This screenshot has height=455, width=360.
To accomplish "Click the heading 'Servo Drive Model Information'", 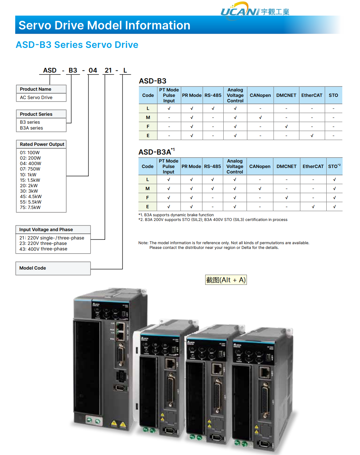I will [104, 25].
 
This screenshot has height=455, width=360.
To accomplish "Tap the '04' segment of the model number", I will [93, 70].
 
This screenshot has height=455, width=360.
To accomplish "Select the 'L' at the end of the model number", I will [125, 70].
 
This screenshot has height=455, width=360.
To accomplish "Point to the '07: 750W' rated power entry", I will [30, 169].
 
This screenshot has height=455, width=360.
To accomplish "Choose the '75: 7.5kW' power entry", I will [30, 208].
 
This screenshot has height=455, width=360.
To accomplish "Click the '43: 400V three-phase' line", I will [43, 249].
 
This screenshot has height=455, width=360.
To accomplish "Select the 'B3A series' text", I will [32, 128].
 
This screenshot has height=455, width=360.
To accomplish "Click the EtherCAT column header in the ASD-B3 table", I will [312, 95].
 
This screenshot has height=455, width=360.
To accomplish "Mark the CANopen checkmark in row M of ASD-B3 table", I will [260, 118].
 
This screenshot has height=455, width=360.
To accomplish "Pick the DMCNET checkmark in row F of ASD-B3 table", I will [286, 127].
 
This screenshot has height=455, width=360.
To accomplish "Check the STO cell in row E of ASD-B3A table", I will [334, 207].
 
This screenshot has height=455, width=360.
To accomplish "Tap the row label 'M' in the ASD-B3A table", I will [148, 189].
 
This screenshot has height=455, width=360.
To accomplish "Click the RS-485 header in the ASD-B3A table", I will [212, 167].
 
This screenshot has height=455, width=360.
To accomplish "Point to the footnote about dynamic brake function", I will [176, 215].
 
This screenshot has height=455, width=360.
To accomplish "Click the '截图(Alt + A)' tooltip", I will [226, 280].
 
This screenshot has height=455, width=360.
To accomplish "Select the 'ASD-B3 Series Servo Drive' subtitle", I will [77, 45].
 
